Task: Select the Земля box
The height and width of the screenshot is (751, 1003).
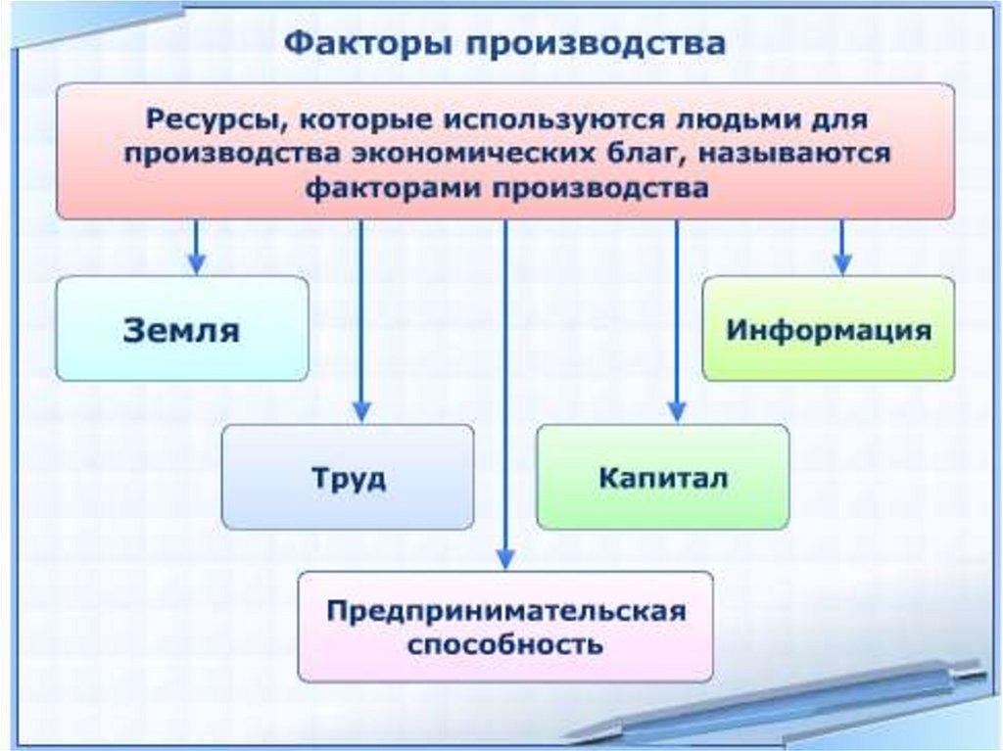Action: [x=182, y=329]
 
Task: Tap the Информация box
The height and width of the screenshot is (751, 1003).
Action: [x=829, y=329]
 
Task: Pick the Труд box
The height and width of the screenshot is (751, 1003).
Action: [x=348, y=478]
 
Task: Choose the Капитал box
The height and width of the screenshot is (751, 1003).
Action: [x=663, y=478]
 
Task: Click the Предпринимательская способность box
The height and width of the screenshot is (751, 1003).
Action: [x=505, y=628]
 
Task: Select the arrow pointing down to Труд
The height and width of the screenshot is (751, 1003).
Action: [x=361, y=323]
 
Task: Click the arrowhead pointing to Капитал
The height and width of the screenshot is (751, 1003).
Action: [x=676, y=411]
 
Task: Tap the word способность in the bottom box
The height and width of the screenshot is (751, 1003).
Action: [x=505, y=646]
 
